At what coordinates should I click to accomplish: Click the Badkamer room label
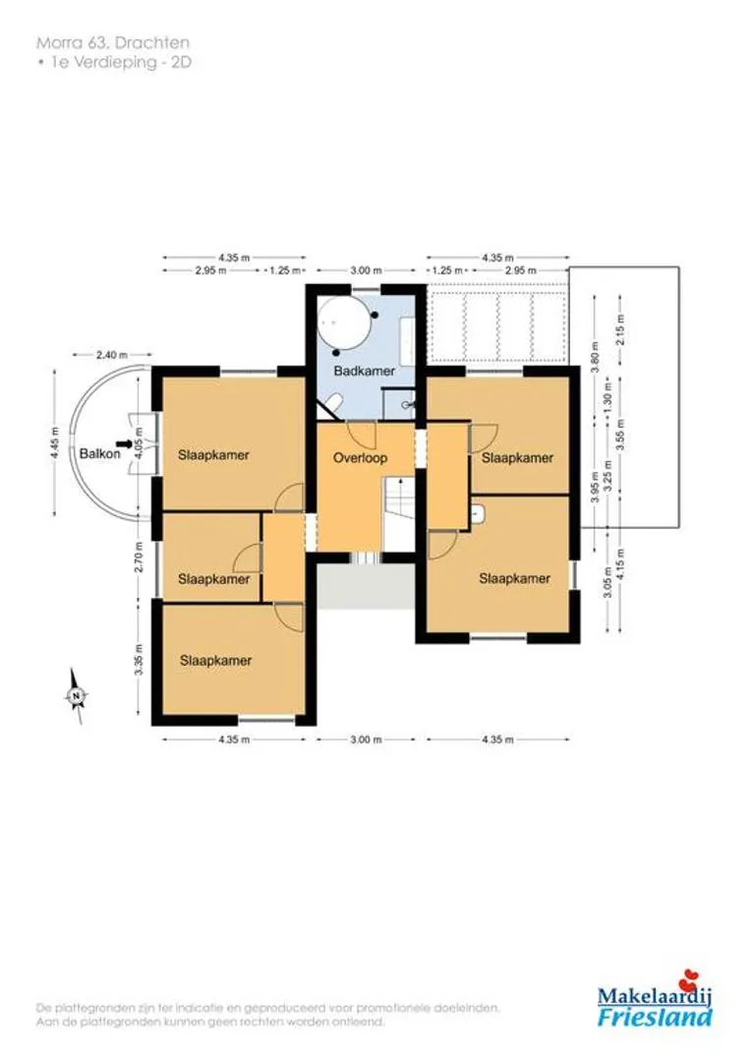(x=365, y=371)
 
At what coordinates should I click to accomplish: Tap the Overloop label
(x=360, y=458)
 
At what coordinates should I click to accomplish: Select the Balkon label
(x=99, y=453)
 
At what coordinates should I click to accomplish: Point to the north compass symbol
(x=78, y=695)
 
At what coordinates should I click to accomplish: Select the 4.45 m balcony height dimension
(x=55, y=443)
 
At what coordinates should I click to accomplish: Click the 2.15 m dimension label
(x=621, y=329)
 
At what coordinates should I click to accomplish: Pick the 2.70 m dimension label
(x=139, y=557)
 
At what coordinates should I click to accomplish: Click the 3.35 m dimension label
(x=139, y=659)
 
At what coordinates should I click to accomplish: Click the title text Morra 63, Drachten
(x=112, y=42)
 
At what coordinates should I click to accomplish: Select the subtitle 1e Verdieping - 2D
(x=114, y=62)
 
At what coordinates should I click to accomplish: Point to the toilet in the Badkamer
(x=332, y=404)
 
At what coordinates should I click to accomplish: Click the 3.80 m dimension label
(x=595, y=358)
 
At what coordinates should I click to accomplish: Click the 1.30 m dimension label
(x=607, y=406)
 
